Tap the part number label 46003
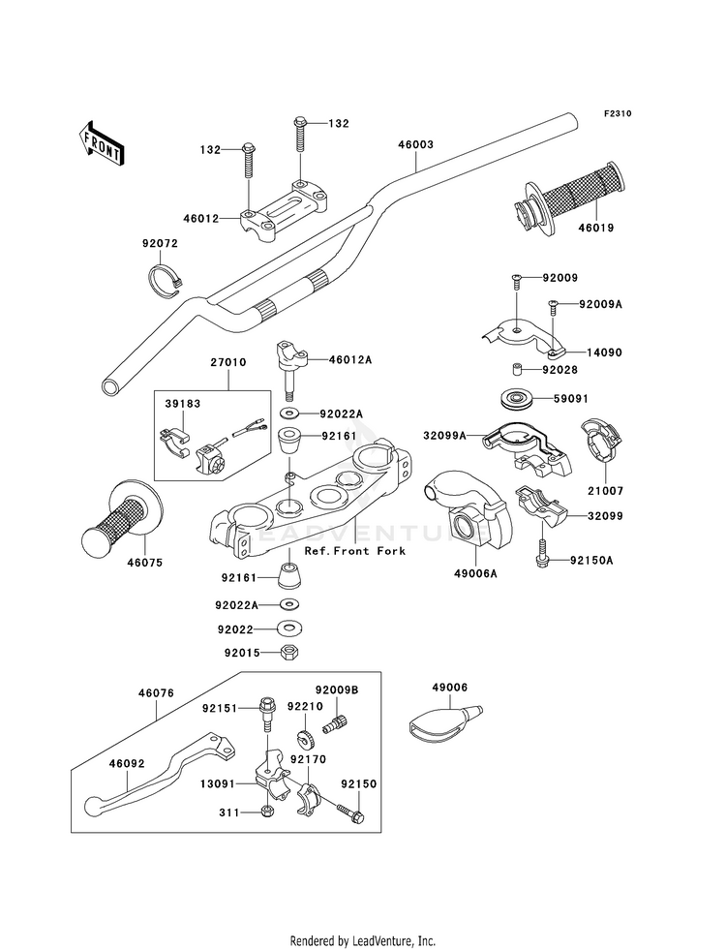[x=414, y=144]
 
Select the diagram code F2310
[x=618, y=114]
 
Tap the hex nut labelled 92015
[x=288, y=652]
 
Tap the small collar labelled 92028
[x=519, y=370]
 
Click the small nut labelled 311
[x=268, y=811]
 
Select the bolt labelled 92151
[x=266, y=714]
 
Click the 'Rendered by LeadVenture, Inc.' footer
[x=363, y=940]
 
